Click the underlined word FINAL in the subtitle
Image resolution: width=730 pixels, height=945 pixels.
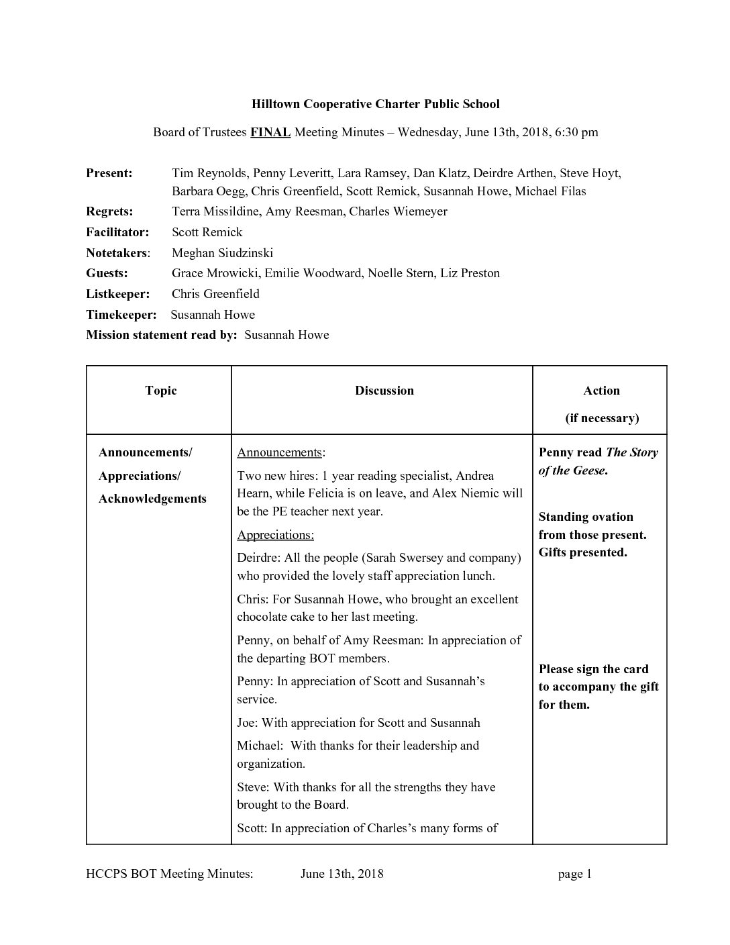click(270, 132)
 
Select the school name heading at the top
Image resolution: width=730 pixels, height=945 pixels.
click(375, 104)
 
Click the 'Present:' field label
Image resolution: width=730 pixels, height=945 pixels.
click(109, 173)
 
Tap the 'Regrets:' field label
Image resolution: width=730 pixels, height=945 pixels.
click(109, 211)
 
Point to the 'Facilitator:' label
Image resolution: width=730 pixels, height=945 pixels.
click(117, 232)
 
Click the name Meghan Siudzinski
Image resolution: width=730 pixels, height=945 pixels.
click(222, 253)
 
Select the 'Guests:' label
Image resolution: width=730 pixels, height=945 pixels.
click(107, 273)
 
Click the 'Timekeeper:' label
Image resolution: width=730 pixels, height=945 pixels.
click(121, 315)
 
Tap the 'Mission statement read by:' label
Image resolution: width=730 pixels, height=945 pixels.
click(162, 335)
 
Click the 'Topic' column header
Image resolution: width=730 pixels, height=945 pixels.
click(161, 391)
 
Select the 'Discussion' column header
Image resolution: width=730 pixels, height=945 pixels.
click(384, 391)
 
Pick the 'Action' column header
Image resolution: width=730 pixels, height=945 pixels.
click(601, 391)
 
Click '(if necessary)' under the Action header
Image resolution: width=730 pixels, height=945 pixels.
click(601, 418)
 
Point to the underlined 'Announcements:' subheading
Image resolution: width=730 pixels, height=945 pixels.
click(281, 452)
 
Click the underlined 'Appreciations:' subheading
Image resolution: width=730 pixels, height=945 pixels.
click(275, 535)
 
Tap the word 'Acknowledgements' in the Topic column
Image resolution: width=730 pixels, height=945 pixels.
click(152, 499)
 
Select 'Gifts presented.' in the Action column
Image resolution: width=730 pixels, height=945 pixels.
click(582, 552)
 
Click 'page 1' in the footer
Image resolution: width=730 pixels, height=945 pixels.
click(574, 874)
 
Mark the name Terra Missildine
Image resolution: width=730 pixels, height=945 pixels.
click(215, 211)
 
